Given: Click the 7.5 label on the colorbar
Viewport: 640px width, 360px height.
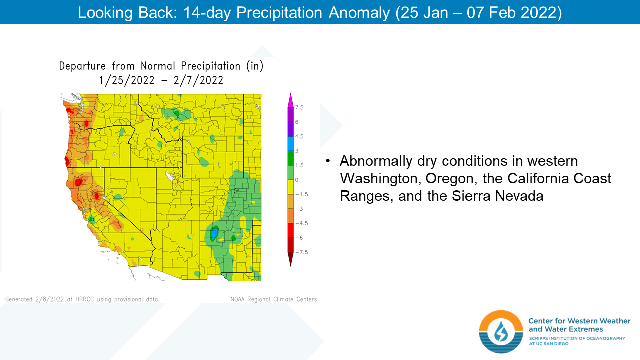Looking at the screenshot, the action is coord(299,107).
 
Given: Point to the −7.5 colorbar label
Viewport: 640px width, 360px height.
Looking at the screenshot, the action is coord(301,252).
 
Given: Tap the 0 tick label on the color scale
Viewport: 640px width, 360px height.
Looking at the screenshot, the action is coord(297,180).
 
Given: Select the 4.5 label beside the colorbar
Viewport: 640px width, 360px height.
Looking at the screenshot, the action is coord(299,136).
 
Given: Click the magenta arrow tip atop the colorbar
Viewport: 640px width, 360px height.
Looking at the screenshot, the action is coord(291,100).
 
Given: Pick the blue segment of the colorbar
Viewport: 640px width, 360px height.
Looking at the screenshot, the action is coord(291,143).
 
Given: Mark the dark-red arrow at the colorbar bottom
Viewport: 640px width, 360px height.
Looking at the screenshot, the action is coord(291,259).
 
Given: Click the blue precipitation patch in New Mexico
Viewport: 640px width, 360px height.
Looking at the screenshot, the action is coord(213,233).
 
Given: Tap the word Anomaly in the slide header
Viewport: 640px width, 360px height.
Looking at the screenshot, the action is coord(359,13).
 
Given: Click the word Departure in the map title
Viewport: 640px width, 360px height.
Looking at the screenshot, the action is coord(82,66).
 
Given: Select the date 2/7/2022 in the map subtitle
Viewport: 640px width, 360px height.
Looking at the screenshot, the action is coord(198,80).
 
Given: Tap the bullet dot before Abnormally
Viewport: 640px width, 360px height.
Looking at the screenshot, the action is coord(328,161).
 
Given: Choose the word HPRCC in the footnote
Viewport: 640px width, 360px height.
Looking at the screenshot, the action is coord(85,299).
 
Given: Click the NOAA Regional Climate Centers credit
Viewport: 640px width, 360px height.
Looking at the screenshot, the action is coord(273,299).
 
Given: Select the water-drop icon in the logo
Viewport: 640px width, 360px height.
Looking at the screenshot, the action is coord(501,331).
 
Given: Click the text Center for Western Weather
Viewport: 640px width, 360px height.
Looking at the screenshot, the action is coord(579,321).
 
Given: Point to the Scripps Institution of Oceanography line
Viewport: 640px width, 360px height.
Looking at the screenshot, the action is coord(577,338).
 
